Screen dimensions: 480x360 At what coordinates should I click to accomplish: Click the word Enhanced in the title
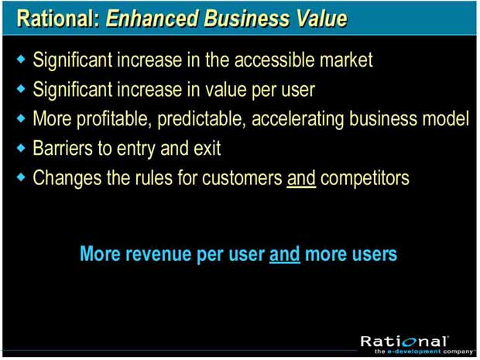(x=153, y=19)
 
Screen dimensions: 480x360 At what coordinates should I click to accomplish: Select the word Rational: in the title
(x=59, y=19)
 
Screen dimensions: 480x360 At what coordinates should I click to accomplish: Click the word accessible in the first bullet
(x=274, y=60)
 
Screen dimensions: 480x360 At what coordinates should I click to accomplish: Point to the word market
(x=346, y=60)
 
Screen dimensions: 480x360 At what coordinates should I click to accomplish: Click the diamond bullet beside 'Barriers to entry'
(x=21, y=148)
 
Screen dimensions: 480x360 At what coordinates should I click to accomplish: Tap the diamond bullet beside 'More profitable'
(x=21, y=118)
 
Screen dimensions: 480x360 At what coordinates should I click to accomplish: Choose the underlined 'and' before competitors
(x=301, y=178)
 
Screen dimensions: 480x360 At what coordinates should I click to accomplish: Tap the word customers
(x=242, y=178)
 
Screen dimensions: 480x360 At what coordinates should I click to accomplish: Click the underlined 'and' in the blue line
(x=284, y=254)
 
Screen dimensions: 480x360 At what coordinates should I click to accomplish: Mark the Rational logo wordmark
(x=404, y=341)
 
